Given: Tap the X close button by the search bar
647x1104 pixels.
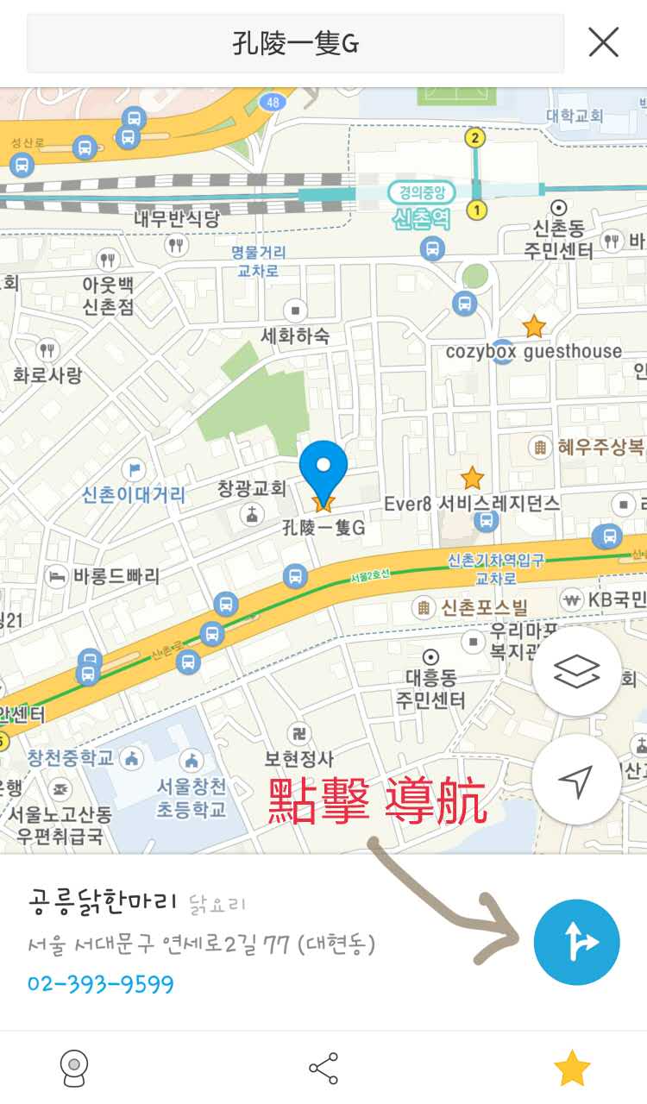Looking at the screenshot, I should click(x=603, y=41).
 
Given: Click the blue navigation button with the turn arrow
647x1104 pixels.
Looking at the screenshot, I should click(x=576, y=943).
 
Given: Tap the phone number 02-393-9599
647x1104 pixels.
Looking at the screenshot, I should click(x=101, y=984).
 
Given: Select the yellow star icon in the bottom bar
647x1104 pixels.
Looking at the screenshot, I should click(x=571, y=1069).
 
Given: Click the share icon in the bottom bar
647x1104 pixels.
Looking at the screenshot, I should click(x=323, y=1069).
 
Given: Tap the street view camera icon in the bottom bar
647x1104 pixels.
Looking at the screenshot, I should click(x=74, y=1069).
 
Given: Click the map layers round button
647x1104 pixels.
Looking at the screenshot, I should click(x=576, y=671).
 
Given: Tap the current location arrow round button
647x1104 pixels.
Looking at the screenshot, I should click(x=576, y=780).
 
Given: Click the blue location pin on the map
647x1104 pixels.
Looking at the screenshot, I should click(x=323, y=467).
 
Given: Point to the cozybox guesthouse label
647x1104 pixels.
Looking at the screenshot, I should click(x=533, y=351).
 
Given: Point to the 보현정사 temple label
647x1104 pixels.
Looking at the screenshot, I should click(x=298, y=759).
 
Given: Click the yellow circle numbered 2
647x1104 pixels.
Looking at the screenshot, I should click(x=474, y=138).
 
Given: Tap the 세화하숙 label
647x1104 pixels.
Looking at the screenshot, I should click(x=295, y=336).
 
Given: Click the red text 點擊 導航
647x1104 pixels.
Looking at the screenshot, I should click(x=378, y=801).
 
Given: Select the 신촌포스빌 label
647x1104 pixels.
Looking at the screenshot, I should click(x=484, y=607).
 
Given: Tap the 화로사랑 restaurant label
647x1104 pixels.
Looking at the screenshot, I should click(x=47, y=374).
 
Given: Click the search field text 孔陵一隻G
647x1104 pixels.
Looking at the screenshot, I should click(x=295, y=42).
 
